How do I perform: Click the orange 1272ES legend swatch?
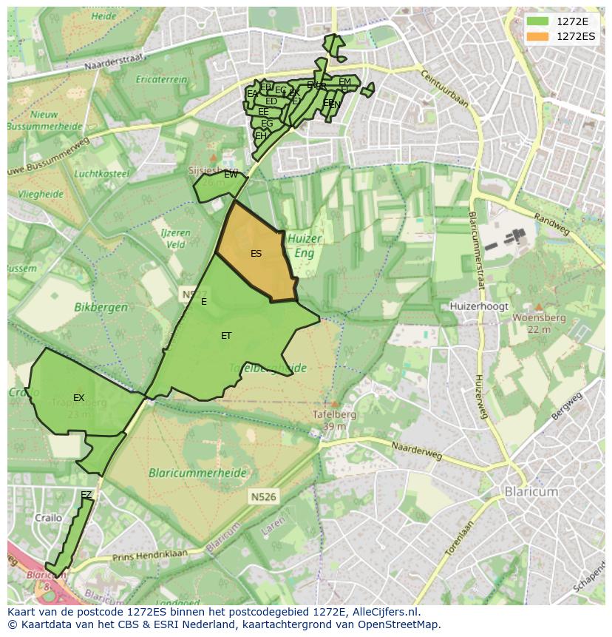tap(538, 36)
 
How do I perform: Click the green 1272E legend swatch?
tap(538, 21)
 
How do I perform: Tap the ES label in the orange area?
tap(256, 254)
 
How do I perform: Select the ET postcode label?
tap(226, 336)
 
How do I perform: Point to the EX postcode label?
tap(79, 398)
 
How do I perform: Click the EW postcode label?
tap(231, 175)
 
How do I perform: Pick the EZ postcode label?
tap(86, 494)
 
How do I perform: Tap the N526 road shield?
tap(262, 497)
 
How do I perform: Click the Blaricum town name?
tap(531, 492)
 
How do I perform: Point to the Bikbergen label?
tap(101, 306)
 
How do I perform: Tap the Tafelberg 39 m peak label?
tap(334, 420)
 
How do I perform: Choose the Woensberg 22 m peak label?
tap(539, 323)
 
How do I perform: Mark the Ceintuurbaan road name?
tap(443, 88)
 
